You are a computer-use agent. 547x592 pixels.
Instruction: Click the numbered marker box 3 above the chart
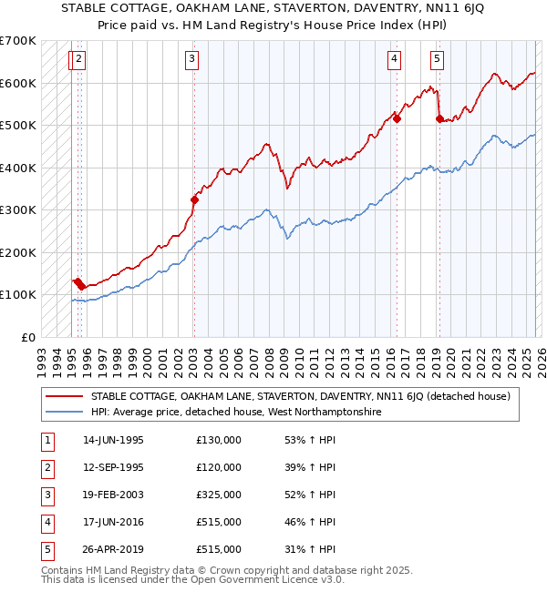pos(192,60)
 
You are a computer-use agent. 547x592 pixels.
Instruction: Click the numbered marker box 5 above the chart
pos(438,60)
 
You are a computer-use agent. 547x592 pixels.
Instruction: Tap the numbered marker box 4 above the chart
pos(395,60)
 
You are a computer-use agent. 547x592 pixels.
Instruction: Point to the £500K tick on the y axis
pos(18,126)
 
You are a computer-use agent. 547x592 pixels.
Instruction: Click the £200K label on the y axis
pos(18,252)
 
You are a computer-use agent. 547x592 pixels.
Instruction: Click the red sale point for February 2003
pos(194,199)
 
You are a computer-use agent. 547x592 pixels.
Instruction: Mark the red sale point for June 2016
pos(397,118)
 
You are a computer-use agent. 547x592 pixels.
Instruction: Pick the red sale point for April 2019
pos(439,118)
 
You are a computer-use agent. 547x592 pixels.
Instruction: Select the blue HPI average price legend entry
pos(235,413)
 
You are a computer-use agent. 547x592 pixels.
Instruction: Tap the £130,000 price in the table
pos(219,440)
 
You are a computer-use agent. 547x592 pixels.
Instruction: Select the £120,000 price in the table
pos(219,467)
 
